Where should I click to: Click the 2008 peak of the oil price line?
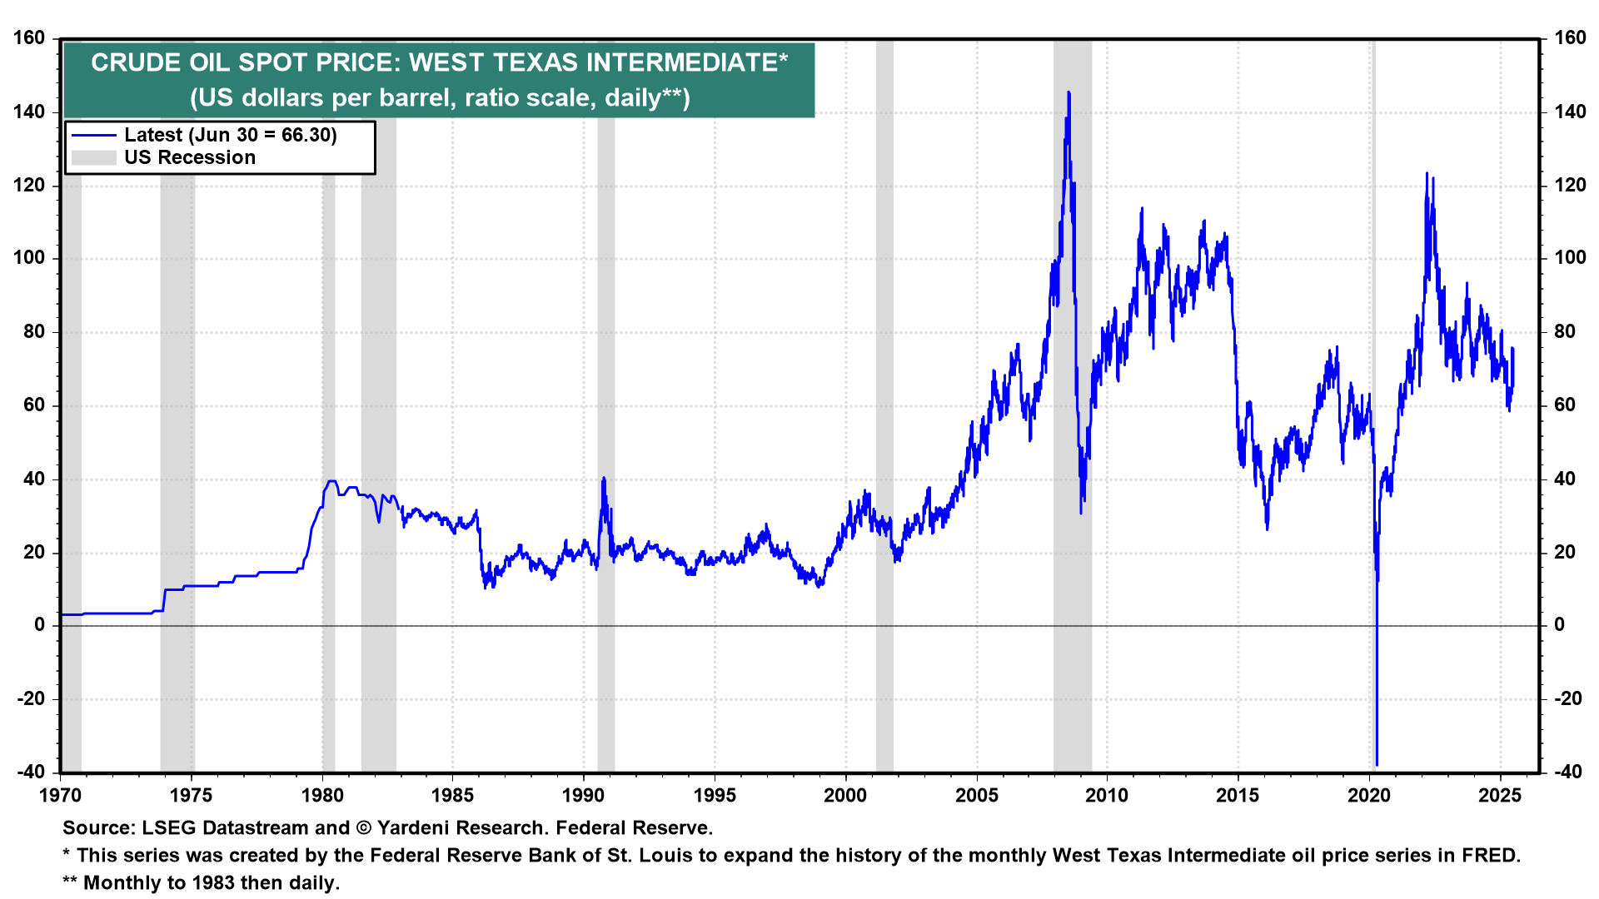[x=1068, y=93]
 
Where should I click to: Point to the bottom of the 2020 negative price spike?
[x=1377, y=763]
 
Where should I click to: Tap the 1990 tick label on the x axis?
[x=583, y=796]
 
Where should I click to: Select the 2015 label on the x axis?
[x=1238, y=796]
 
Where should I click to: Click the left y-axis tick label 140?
[x=29, y=112]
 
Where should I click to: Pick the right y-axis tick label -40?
[x=1568, y=772]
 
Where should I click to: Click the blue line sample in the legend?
[x=93, y=135]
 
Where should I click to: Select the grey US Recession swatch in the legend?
[x=93, y=157]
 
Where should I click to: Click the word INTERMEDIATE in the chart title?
[x=683, y=62]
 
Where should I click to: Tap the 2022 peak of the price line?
[x=1427, y=174]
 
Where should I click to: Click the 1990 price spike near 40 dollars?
[x=603, y=479]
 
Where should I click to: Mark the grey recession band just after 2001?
[x=884, y=416]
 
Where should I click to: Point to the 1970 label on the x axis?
[x=61, y=796]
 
